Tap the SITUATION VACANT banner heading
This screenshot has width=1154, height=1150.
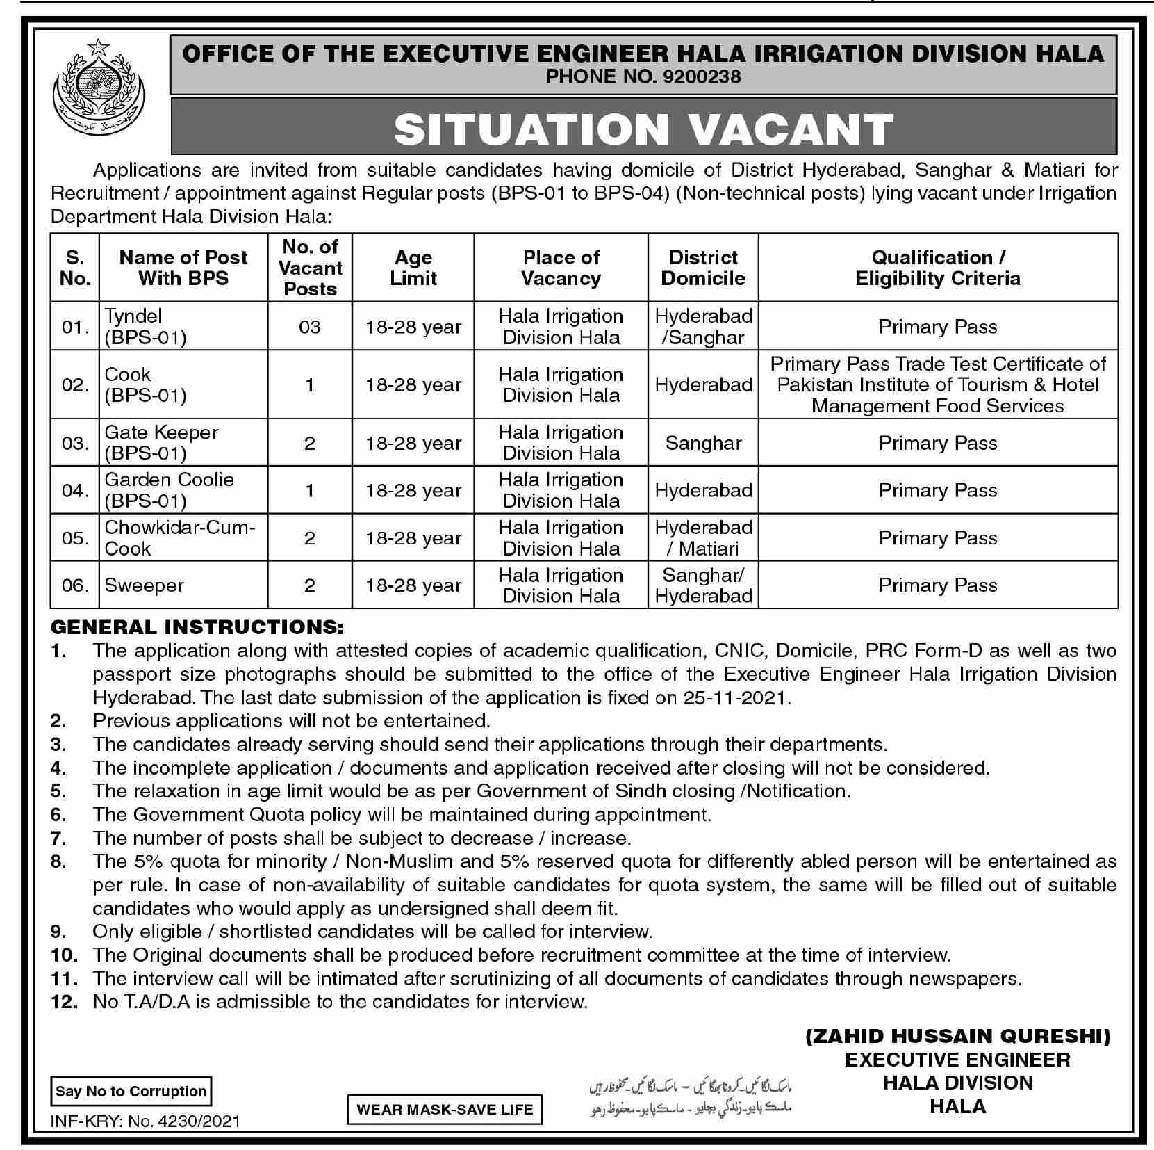[x=643, y=128]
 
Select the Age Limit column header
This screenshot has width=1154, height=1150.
[x=413, y=268]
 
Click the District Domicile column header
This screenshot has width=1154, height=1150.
[x=703, y=268]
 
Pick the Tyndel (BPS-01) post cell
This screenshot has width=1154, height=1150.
[x=146, y=327]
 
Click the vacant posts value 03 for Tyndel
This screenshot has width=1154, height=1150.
[x=310, y=327]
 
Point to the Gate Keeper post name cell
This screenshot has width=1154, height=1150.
[x=161, y=443]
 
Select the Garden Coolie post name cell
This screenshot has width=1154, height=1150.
[x=169, y=490]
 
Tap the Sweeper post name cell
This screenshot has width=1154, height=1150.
[x=145, y=585]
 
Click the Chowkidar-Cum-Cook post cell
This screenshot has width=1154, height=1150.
[x=180, y=538]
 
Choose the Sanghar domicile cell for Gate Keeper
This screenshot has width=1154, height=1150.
[x=703, y=443]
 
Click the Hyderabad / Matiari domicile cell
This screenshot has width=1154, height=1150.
[x=703, y=538]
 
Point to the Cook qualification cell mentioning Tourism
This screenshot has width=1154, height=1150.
[x=938, y=384]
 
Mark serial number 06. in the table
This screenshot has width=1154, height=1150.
[x=75, y=585]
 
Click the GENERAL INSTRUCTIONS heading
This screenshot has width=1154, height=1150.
[x=197, y=627]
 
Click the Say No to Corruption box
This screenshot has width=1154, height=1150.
[x=131, y=1091]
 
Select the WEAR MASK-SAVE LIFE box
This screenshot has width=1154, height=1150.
[x=445, y=1110]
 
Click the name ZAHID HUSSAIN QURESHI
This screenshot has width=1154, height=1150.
[x=958, y=1037]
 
